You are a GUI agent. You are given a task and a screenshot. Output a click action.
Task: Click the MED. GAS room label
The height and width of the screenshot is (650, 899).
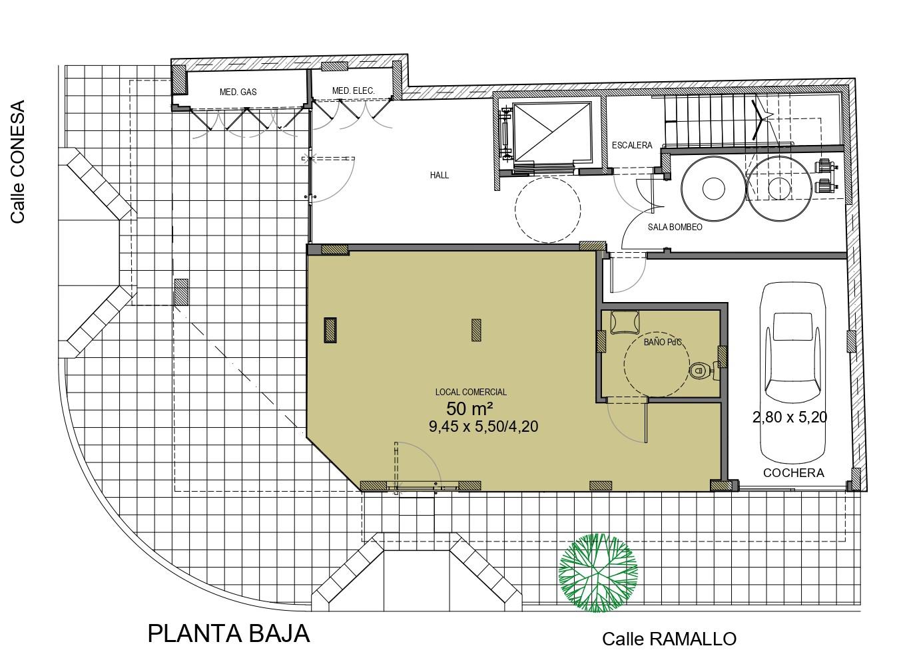tap(238, 92)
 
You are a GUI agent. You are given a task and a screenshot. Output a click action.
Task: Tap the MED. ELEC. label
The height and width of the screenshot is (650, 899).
tap(353, 91)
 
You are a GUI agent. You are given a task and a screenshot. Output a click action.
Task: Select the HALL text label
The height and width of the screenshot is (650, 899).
tap(439, 175)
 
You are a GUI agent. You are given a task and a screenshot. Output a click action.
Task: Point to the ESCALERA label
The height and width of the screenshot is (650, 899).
tap(632, 145)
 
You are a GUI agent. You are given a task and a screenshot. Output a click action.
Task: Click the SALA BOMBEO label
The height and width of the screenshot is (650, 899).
tap(675, 227)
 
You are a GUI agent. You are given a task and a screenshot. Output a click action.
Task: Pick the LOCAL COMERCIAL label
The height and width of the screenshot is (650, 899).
tap(471, 392)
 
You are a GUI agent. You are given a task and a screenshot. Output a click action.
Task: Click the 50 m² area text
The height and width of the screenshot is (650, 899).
tap(469, 408)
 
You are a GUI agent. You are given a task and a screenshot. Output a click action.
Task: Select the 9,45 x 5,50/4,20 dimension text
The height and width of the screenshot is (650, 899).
tap(483, 426)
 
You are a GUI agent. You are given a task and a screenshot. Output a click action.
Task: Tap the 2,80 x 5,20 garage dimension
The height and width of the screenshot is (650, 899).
tap(789, 417)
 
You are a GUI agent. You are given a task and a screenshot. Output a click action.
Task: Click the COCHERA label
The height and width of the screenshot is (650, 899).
tap(793, 473)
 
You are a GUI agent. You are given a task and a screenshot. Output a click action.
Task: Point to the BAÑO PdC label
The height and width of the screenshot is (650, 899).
tap(662, 342)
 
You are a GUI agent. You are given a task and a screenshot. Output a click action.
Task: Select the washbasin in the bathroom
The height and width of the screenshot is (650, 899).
tap(625, 322)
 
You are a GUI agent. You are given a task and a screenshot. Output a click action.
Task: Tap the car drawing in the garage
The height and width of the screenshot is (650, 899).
tap(792, 373)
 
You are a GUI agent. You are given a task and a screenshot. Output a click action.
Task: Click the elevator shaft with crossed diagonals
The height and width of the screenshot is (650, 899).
tap(551, 132)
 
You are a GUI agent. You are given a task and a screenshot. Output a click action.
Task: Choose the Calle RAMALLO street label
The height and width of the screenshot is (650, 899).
tap(669, 639)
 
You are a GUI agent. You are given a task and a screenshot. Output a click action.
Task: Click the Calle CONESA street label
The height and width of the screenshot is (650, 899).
tap(18, 162)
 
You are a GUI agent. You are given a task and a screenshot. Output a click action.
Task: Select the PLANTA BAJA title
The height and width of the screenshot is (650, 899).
tap(229, 634)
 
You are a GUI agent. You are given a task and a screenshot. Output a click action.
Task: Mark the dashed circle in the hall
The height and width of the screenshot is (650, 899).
tap(548, 210)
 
